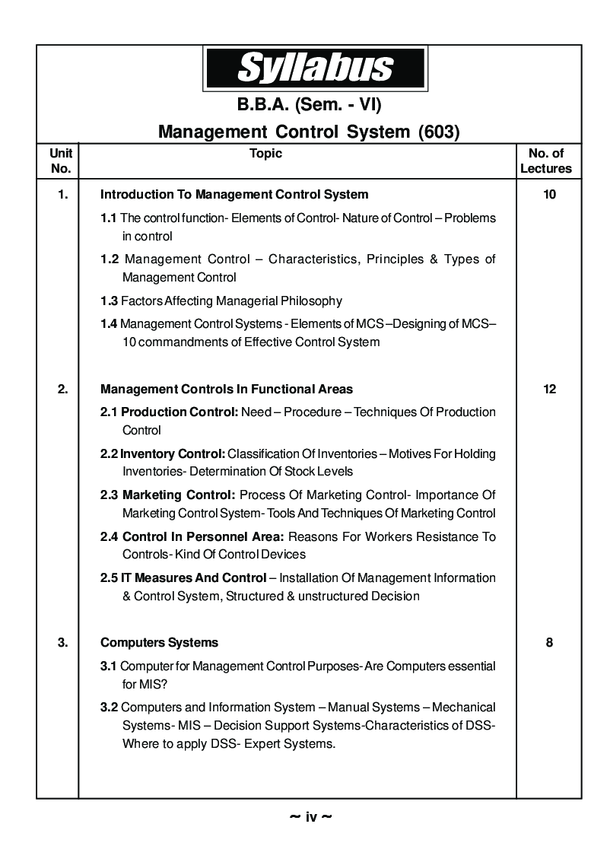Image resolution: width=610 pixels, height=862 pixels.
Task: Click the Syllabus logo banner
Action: click(x=315, y=68)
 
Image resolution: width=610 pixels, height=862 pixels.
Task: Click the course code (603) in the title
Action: click(x=440, y=132)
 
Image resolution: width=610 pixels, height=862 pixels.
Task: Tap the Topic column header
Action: click(x=265, y=154)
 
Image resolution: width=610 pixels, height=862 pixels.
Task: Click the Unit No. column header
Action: click(x=60, y=161)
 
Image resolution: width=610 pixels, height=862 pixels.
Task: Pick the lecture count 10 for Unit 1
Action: click(x=549, y=195)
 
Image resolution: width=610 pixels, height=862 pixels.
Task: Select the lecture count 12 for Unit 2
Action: click(x=549, y=390)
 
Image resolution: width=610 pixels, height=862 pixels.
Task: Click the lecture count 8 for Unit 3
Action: click(x=549, y=643)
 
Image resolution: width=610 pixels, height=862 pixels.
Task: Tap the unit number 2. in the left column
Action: click(x=62, y=390)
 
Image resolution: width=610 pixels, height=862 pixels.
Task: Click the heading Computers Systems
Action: click(x=159, y=643)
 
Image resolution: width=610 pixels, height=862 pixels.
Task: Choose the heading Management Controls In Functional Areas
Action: click(x=227, y=390)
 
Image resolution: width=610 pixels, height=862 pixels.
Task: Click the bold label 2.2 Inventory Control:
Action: click(x=162, y=454)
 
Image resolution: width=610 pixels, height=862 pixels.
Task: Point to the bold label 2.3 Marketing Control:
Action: click(x=168, y=495)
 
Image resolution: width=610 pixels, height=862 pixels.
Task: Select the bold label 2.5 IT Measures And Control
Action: click(x=183, y=578)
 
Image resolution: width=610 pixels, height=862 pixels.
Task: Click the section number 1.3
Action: click(x=109, y=301)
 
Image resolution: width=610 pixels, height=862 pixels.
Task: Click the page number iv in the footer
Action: click(x=311, y=818)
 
